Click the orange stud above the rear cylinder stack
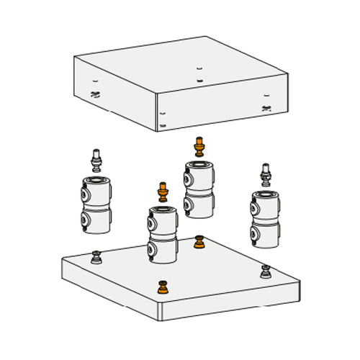coord(199,147)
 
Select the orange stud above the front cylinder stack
coord(163,192)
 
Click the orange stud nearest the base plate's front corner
coord(163,288)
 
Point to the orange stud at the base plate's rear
coord(199,243)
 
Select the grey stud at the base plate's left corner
coord(96,256)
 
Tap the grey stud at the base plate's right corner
coord(266,271)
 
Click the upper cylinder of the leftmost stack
coord(96,192)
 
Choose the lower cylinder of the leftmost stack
coord(96,219)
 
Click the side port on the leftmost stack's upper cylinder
coord(86,194)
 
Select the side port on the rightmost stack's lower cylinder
coord(255,235)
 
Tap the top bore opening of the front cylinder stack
coord(163,210)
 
